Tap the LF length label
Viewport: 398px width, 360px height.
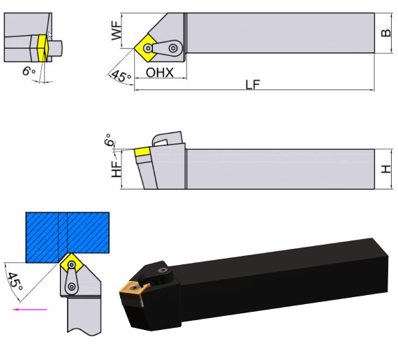tap(253, 85)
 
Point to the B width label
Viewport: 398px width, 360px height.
tap(385, 32)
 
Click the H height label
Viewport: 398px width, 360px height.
tap(385, 169)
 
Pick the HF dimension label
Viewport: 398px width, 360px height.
tap(117, 166)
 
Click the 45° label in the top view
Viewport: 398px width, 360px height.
tap(120, 75)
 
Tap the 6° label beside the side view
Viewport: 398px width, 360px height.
tap(108, 141)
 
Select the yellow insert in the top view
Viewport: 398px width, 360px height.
tap(149, 47)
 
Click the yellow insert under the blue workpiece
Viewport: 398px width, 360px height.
tap(70, 264)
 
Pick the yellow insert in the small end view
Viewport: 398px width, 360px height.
tap(43, 48)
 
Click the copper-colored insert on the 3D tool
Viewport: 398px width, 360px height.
tap(132, 288)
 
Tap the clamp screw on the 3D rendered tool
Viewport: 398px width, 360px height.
tap(163, 270)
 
